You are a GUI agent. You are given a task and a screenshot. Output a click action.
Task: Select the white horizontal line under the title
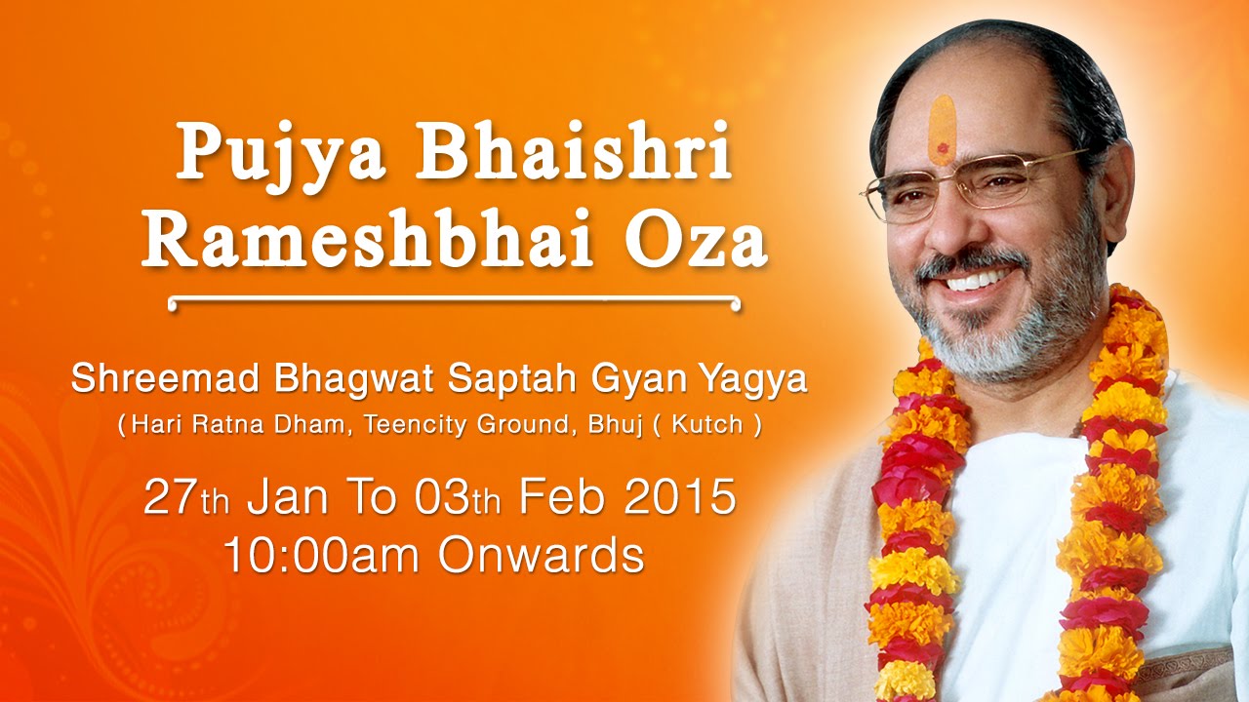pos(454,302)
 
